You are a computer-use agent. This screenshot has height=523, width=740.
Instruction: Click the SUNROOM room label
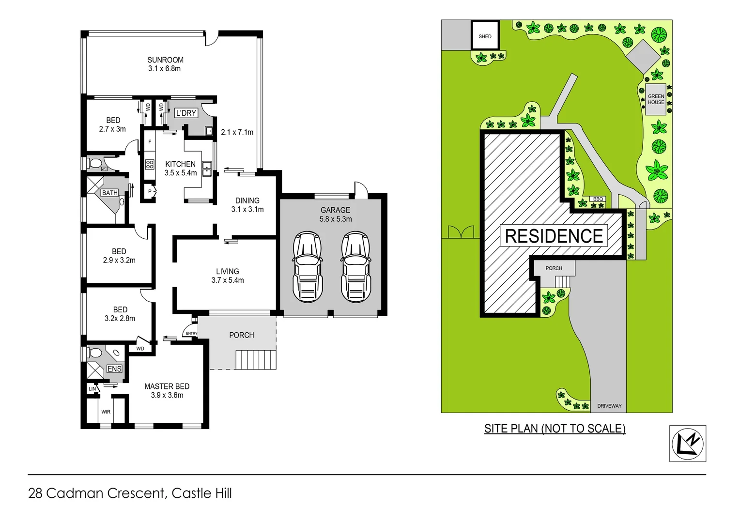165,60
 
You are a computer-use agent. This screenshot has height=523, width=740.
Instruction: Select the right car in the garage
355,267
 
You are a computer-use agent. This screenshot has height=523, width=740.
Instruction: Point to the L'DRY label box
186,113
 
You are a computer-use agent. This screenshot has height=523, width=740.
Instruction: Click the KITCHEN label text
180,164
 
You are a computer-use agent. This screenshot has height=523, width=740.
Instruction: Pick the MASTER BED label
167,386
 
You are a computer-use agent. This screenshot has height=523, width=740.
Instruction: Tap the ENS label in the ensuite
114,369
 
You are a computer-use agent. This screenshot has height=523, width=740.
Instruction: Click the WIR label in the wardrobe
106,412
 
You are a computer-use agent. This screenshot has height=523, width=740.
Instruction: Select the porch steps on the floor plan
256,360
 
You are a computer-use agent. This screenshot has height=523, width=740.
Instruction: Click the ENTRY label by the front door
191,333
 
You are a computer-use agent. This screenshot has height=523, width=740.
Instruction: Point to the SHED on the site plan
485,35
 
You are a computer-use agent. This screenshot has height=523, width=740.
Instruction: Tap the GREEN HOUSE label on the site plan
656,99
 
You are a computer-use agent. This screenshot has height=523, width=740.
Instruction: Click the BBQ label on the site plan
598,199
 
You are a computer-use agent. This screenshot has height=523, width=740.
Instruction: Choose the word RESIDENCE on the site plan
554,236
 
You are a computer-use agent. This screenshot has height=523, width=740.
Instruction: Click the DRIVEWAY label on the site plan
609,406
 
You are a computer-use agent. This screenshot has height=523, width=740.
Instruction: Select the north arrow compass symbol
687,443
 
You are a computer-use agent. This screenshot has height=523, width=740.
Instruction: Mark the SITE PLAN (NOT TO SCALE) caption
555,429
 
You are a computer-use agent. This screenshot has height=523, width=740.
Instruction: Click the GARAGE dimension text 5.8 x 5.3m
335,219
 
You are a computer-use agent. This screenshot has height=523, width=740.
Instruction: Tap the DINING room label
247,200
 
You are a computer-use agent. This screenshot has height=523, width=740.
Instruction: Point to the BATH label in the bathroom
109,193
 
